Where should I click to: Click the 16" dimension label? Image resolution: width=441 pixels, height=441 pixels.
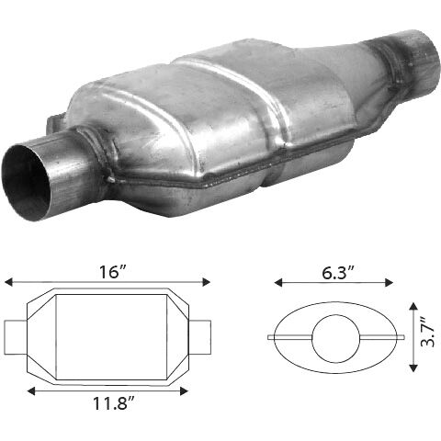[112, 272]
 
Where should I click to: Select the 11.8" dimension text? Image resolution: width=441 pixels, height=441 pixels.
[114, 403]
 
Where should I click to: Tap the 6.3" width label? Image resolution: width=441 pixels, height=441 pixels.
[338, 273]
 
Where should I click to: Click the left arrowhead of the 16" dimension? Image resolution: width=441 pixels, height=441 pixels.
[8, 282]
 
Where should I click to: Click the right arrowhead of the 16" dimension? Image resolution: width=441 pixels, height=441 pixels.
[207, 282]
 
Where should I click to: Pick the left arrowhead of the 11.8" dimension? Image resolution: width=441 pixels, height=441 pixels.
[31, 391]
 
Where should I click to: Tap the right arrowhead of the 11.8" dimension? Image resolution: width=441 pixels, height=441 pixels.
[184, 391]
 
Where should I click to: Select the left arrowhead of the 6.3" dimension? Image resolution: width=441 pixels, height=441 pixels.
[278, 283]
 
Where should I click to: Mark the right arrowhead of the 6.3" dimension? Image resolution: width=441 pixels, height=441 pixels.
[389, 283]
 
